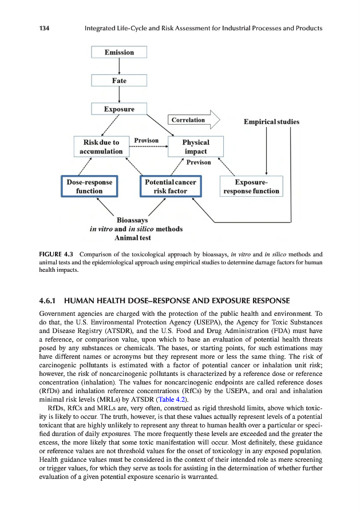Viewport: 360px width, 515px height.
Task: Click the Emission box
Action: pyautogui.click(x=119, y=53)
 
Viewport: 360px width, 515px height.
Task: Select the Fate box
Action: pyautogui.click(x=119, y=81)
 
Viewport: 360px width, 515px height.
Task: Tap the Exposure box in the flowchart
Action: pyautogui.click(x=119, y=109)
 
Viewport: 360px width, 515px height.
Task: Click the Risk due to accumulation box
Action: pyautogui.click(x=101, y=146)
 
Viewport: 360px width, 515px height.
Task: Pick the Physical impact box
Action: pyautogui.click(x=195, y=146)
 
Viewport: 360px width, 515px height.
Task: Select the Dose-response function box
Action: pyautogui.click(x=89, y=187)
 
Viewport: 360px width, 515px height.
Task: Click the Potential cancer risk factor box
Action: pyautogui.click(x=170, y=187)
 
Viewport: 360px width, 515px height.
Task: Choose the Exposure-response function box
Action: pyautogui.click(x=251, y=187)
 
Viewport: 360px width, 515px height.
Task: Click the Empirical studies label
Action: pyautogui.click(x=271, y=122)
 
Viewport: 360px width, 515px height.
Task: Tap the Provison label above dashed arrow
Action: pyautogui.click(x=146, y=140)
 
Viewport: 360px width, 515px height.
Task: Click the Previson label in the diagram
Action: pyautogui.click(x=199, y=163)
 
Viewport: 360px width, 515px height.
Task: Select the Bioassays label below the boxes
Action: pyautogui.click(x=132, y=220)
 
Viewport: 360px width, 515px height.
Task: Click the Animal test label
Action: pyautogui.click(x=133, y=238)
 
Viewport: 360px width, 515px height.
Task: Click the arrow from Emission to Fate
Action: pyautogui.click(x=119, y=66)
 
